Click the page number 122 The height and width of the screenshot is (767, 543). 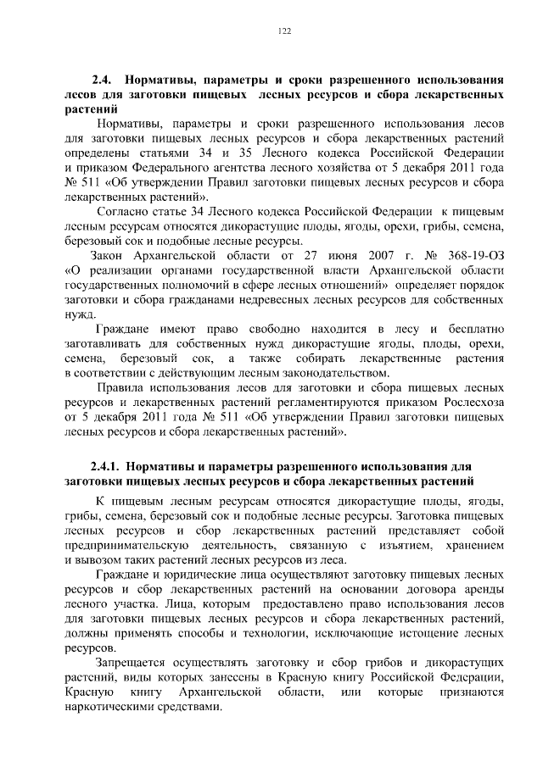click(285, 31)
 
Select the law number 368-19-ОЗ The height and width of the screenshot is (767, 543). click(472, 255)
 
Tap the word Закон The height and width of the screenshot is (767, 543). click(109, 255)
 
